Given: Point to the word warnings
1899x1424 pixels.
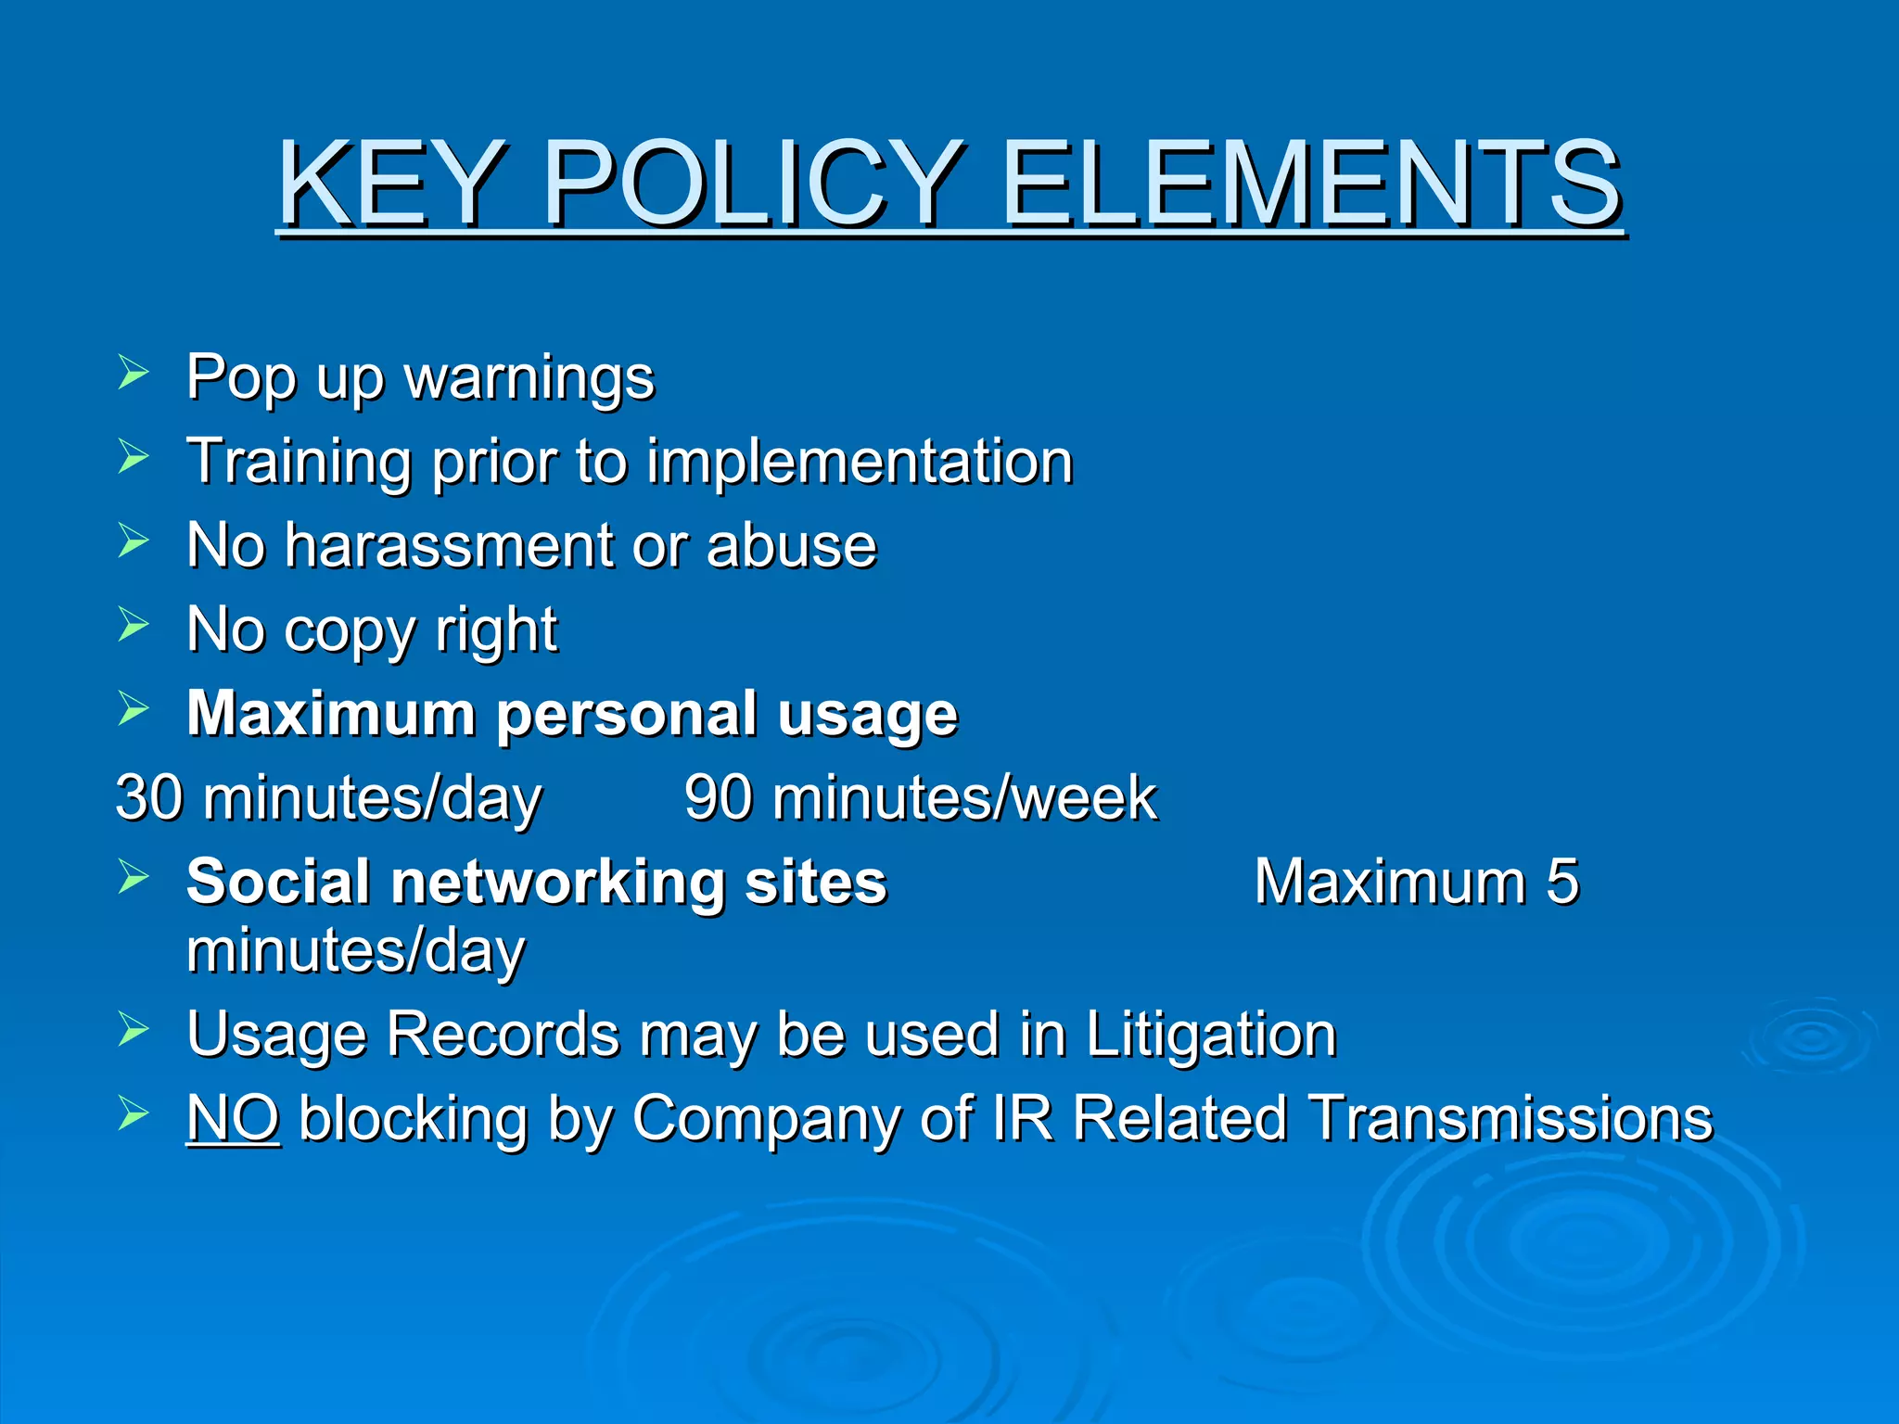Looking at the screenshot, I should pos(529,378).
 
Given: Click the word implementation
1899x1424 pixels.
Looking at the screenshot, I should pos(860,462).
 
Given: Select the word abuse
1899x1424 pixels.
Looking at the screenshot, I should pos(791,545).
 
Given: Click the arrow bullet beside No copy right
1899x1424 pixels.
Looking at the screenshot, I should pos(134,625).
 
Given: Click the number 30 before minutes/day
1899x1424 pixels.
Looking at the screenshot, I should pos(148,797).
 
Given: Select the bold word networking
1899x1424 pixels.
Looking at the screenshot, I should pos(558,883).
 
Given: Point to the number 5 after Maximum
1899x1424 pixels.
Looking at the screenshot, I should pos(1561,881).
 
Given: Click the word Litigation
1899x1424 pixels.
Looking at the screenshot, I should pos(1210,1035).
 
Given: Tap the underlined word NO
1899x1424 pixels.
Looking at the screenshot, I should pos(233,1118).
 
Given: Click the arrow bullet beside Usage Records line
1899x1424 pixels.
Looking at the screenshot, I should pos(134,1029).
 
